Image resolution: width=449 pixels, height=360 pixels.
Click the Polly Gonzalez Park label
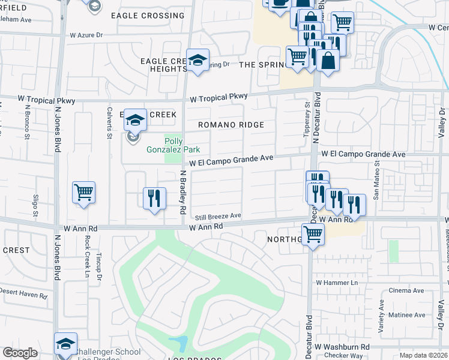tap(173, 145)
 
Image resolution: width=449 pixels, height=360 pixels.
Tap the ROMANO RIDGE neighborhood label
tap(232, 125)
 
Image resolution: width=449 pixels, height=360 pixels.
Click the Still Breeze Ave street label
tap(217, 216)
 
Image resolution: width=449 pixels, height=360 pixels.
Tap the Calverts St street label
tap(109, 122)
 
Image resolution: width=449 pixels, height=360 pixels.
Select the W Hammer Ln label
tap(336, 282)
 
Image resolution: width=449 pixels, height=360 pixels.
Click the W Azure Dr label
tap(86, 35)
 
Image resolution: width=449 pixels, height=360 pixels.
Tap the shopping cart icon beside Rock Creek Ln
tap(83, 193)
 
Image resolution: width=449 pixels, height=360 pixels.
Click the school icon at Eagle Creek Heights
tap(197, 60)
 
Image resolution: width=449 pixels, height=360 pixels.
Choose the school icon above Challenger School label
tap(66, 344)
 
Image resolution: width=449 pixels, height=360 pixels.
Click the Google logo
tap(20, 353)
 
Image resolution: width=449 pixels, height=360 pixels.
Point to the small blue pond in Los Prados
tap(178, 344)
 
